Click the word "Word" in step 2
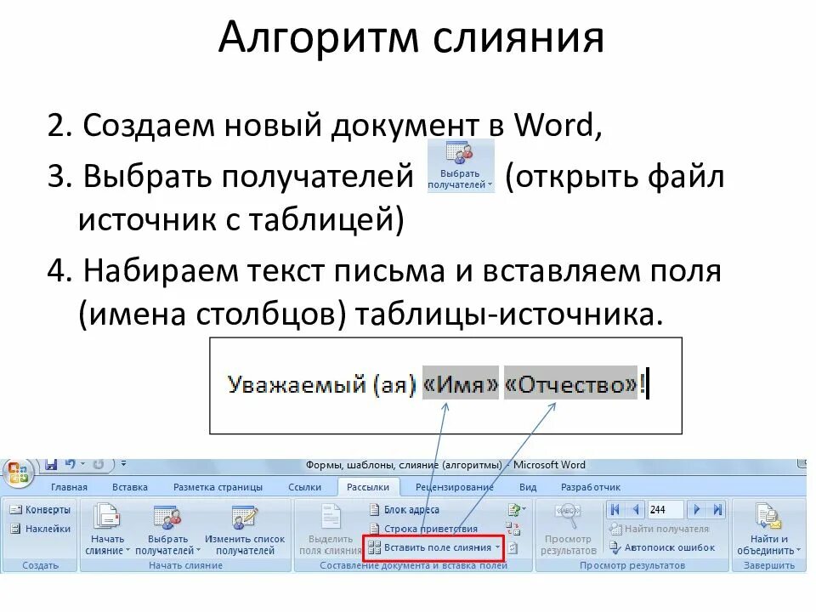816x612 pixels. click(x=558, y=127)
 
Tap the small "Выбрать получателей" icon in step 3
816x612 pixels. click(x=460, y=167)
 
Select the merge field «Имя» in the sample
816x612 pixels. click(x=461, y=384)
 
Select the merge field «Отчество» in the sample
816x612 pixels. click(x=570, y=384)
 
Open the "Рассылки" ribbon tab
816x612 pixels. click(x=368, y=487)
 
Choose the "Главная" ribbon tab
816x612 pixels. click(x=69, y=487)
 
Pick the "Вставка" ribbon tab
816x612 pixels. click(x=129, y=487)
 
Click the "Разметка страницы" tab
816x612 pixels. click(x=218, y=487)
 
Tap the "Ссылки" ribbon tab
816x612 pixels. click(x=304, y=487)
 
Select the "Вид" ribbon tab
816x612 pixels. click(x=528, y=487)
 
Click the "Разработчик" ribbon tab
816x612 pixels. click(x=591, y=487)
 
